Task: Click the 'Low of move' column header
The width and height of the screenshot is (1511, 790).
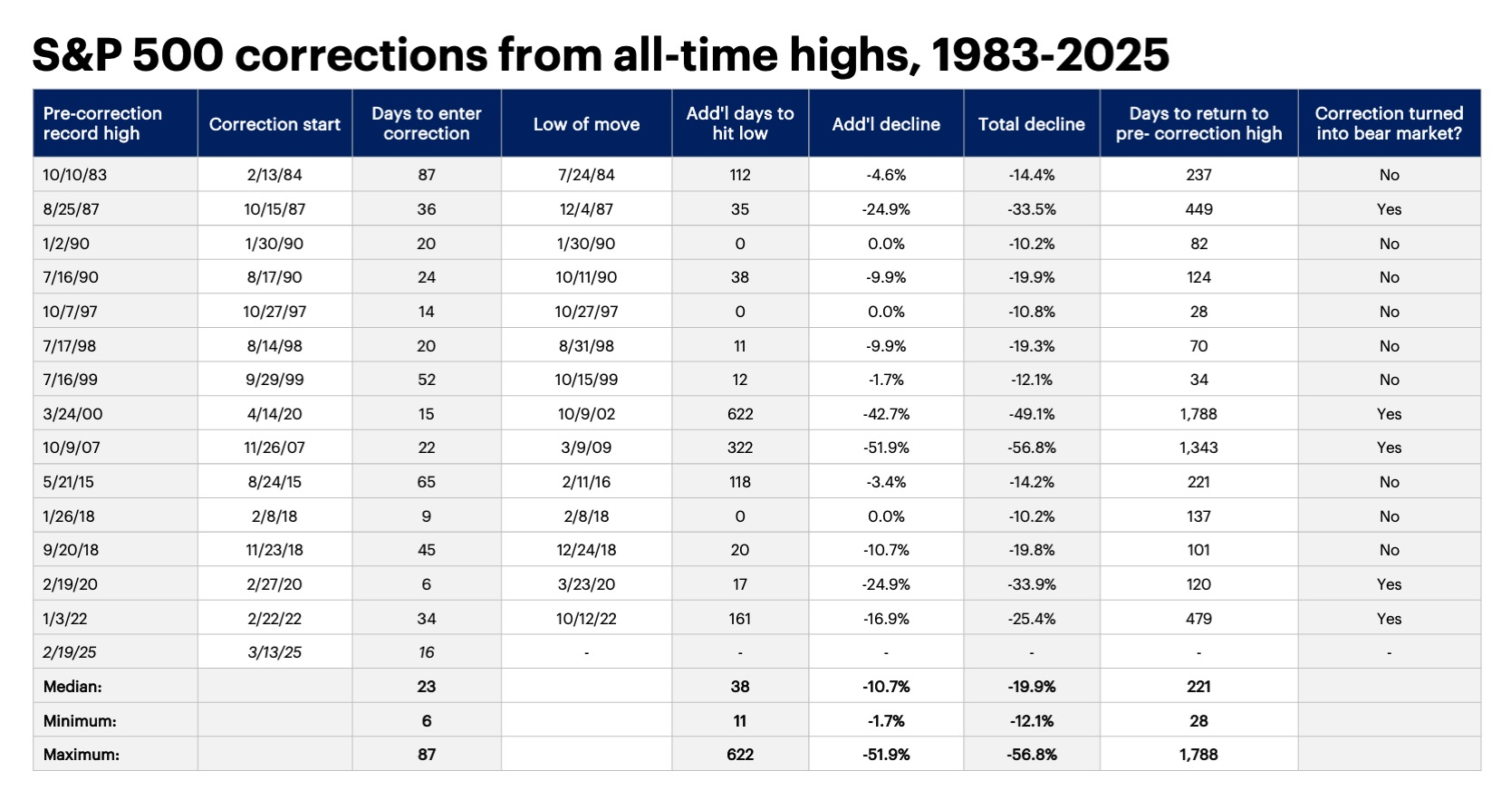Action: [x=586, y=124]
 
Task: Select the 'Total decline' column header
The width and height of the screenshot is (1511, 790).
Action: [x=1031, y=124]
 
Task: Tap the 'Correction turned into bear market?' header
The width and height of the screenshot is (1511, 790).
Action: [x=1389, y=123]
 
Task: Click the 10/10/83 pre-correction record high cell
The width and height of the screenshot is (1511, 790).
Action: [x=74, y=175]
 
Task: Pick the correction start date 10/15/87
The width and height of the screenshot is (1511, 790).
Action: [x=274, y=209]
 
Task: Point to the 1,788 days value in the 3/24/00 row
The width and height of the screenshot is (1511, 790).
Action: [x=1198, y=414]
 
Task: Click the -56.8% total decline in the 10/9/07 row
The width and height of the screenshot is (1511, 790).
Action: [x=1031, y=448]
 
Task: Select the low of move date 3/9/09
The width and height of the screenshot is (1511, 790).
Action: [x=586, y=448]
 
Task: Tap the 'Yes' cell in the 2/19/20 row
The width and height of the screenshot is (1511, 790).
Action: [x=1389, y=584]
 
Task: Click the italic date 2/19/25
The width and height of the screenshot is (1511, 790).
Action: [x=70, y=652]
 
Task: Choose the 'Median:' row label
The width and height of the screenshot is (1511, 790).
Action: [x=72, y=687]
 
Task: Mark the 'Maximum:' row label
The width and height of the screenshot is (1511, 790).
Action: [x=81, y=755]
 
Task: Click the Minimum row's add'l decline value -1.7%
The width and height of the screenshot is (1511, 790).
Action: [x=885, y=721]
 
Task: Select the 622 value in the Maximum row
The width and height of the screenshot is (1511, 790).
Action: [x=739, y=755]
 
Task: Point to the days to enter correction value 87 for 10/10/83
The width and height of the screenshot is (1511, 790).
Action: [x=426, y=175]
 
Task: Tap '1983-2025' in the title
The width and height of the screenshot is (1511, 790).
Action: [x=1050, y=55]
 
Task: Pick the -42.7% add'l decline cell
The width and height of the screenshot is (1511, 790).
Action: [x=885, y=414]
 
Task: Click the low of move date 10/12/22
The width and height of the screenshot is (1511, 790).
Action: [x=586, y=619]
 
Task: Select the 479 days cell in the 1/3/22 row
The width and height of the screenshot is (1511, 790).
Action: [x=1198, y=619]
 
